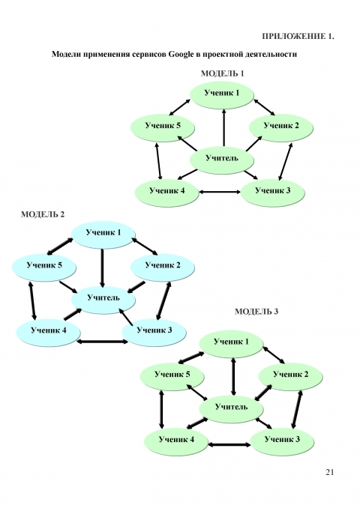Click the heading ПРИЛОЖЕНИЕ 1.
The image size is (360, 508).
pyautogui.click(x=298, y=36)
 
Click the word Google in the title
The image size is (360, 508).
pyautogui.click(x=181, y=54)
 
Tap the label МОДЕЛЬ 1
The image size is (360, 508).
pyautogui.click(x=222, y=73)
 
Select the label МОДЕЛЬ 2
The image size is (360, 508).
pyautogui.click(x=43, y=214)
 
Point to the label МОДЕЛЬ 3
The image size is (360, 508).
pyautogui.click(x=256, y=312)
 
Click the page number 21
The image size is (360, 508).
pyautogui.click(x=329, y=472)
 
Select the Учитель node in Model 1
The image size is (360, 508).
pyautogui.click(x=222, y=160)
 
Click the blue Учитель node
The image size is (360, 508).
pyautogui.click(x=103, y=300)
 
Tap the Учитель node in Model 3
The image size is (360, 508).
pyautogui.click(x=231, y=408)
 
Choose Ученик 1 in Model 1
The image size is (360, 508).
pyautogui.click(x=222, y=94)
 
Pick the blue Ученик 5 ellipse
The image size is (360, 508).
pyautogui.click(x=44, y=267)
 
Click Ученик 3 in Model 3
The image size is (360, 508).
pyautogui.click(x=282, y=441)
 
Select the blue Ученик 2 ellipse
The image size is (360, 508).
pyautogui.click(x=163, y=267)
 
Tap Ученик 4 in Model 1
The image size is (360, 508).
pyautogui.click(x=166, y=192)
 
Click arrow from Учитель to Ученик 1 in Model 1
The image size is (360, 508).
pyautogui.click(x=223, y=127)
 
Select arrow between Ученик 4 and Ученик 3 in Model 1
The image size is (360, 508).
pyautogui.click(x=220, y=192)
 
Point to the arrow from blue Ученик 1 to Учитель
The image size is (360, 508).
pyautogui.click(x=103, y=268)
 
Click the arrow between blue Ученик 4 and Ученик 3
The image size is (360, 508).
pyautogui.click(x=103, y=342)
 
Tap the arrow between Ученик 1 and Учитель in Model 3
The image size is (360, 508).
pyautogui.click(x=232, y=376)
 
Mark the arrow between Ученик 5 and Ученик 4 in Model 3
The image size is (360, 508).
pyautogui.click(x=161, y=410)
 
